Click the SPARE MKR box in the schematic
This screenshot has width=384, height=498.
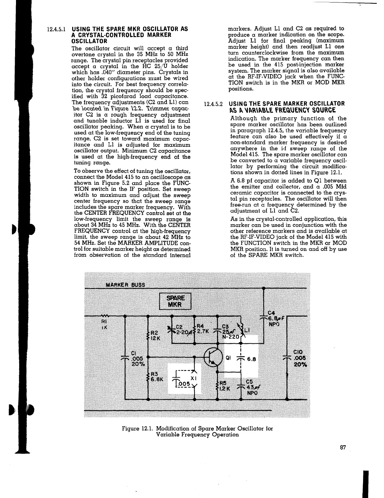click(176, 302)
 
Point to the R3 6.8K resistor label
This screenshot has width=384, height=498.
click(155, 376)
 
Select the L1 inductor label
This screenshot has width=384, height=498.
click(247, 330)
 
